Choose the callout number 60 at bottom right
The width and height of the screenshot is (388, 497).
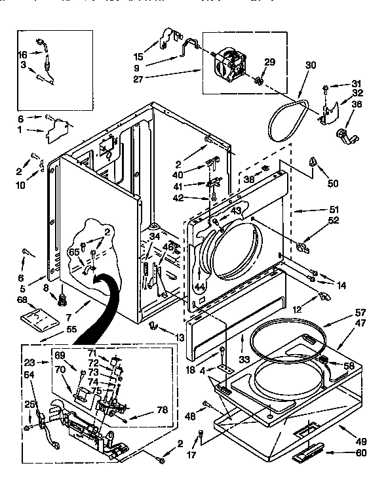point(361,453)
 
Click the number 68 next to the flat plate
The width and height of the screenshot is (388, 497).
point(21,301)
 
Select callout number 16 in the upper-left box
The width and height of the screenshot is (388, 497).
point(22,56)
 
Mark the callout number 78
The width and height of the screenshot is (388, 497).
point(163,410)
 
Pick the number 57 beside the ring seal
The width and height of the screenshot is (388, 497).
point(359,313)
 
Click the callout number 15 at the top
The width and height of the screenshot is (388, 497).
point(138,56)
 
